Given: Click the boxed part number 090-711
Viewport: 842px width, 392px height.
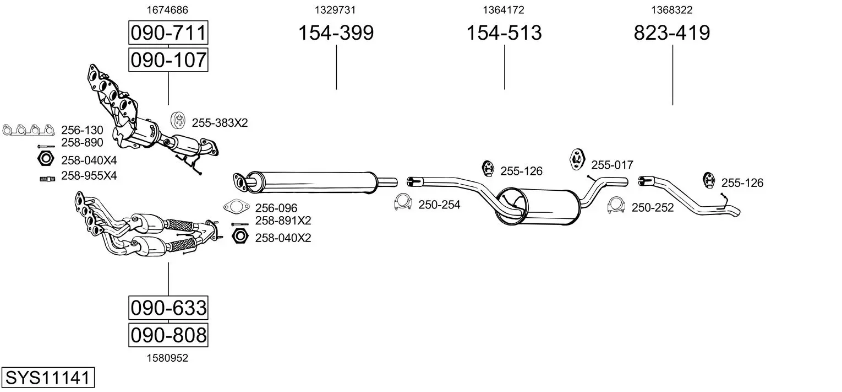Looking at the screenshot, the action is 168,33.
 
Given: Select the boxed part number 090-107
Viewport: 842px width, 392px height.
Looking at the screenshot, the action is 168,60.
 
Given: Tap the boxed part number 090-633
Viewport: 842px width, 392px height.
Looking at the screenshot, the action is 168,308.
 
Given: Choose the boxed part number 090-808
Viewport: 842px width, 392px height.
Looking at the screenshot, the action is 168,335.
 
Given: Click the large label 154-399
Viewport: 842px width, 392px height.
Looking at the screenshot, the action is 336,33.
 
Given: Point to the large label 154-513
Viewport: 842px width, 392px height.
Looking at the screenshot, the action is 504,33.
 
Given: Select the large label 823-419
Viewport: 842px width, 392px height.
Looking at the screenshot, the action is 672,33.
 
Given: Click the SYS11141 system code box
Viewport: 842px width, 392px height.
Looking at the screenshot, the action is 48,377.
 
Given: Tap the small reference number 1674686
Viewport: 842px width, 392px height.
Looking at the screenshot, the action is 167,10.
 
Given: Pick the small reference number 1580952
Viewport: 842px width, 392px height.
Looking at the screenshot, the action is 167,358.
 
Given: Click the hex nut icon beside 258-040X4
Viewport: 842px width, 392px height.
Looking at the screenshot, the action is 46,159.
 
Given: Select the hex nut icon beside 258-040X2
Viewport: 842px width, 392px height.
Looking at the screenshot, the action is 240,236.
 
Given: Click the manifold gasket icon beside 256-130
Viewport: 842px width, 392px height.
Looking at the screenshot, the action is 28,130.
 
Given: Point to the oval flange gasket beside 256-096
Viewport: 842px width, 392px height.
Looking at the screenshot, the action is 237,206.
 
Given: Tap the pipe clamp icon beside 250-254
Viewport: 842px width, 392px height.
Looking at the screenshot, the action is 403,202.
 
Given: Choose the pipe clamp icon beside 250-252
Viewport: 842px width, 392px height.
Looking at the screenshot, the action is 616,205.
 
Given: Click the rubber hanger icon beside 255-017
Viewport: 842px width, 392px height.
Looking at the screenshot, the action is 577,159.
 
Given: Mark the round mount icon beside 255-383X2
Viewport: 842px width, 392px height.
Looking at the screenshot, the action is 178,120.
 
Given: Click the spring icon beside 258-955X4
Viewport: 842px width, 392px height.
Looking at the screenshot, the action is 47,179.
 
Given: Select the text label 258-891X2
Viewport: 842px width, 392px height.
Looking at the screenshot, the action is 283,221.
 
